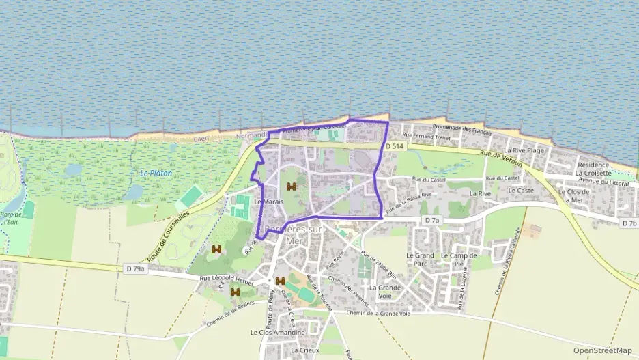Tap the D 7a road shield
tap(432, 220)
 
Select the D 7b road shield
tap(629, 223)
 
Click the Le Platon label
tap(156, 174)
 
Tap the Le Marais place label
tap(268, 202)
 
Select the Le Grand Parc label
tap(420, 260)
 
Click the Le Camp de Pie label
tap(458, 260)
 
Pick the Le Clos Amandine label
tap(277, 333)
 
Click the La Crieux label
tap(304, 350)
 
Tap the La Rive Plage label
tap(524, 150)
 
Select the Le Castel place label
tap(522, 190)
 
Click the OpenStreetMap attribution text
tap(602, 350)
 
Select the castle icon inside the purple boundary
tap(292, 186)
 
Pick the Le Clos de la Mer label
tap(573, 195)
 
